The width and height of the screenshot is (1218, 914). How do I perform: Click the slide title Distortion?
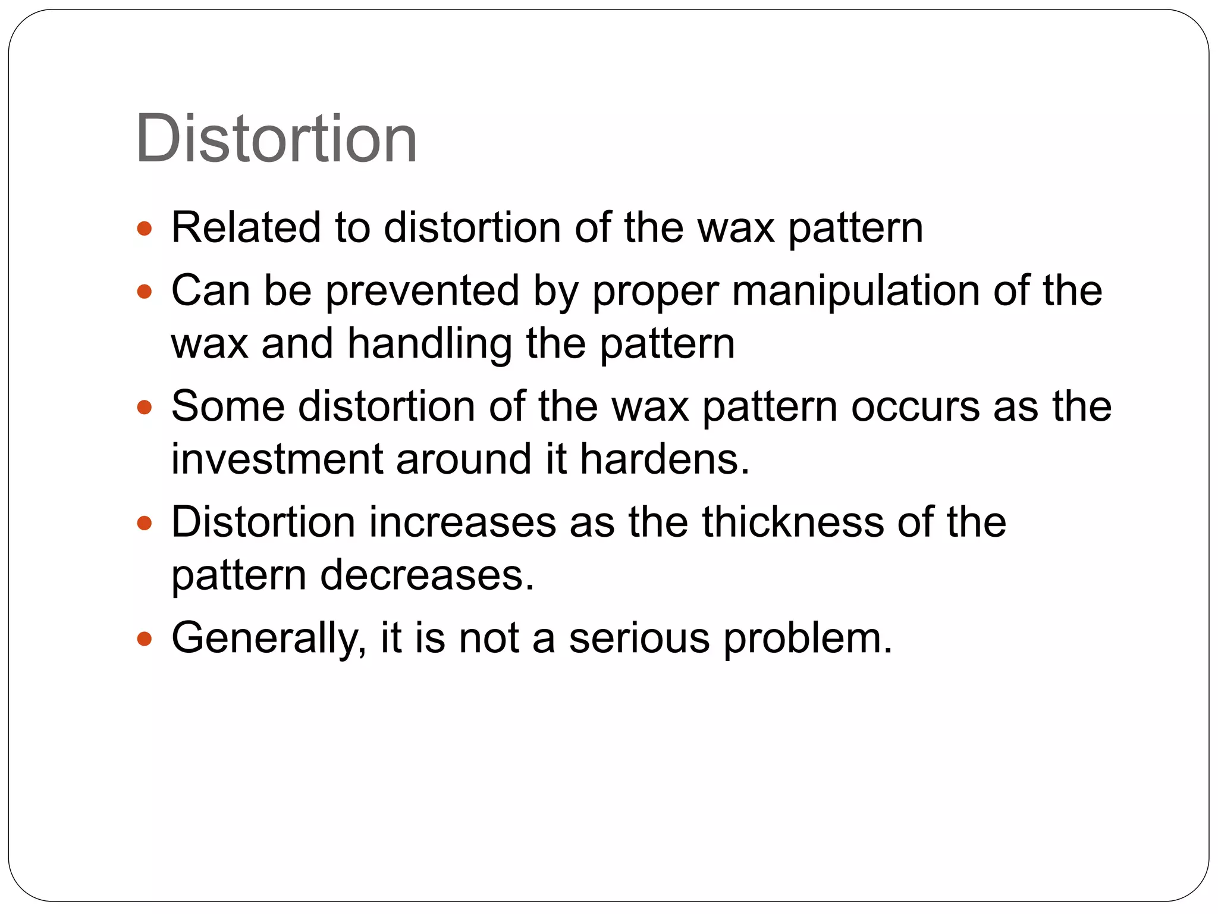[276, 139]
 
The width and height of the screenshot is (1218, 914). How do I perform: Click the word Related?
[246, 227]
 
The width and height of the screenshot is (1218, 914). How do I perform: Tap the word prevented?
[422, 291]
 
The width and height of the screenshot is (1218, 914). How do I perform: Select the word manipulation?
[855, 291]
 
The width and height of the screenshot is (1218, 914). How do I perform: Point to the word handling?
[429, 344]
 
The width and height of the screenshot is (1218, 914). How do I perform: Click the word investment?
[277, 459]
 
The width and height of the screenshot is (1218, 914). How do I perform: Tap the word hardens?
[664, 459]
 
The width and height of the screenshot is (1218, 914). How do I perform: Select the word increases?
[462, 522]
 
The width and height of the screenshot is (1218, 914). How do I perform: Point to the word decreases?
[427, 575]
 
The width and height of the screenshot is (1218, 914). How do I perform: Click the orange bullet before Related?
[145, 228]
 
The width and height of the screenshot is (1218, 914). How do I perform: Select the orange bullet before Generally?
[145, 639]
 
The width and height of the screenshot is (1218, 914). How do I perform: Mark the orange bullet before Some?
[145, 408]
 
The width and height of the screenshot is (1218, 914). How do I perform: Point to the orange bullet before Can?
[145, 292]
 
